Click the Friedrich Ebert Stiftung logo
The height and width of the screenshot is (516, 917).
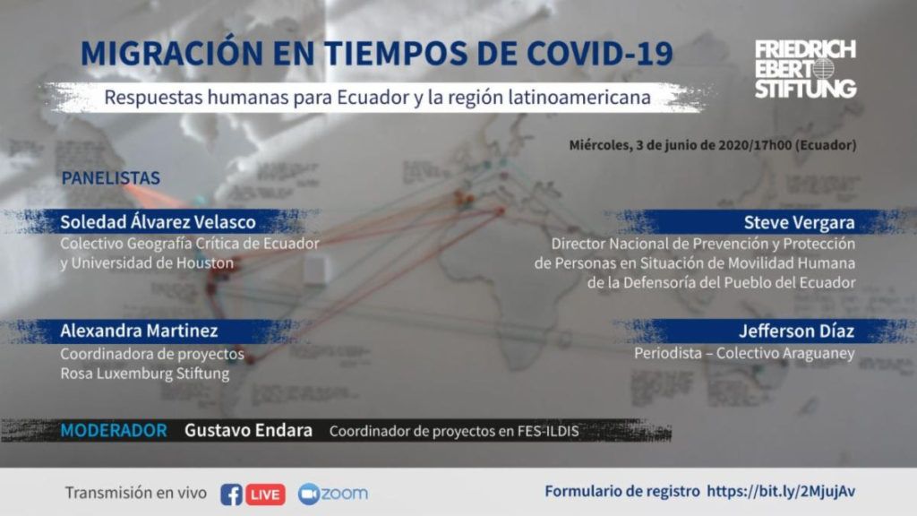805,69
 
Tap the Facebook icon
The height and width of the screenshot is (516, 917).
231,494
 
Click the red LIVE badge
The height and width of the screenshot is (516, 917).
265,494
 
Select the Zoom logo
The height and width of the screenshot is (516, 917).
333,494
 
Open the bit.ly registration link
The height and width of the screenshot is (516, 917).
781,492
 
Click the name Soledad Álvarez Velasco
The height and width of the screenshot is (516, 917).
158,222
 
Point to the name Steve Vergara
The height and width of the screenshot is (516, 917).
799,222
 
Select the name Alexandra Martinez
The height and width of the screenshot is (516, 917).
139,331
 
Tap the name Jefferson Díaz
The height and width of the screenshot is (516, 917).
796,331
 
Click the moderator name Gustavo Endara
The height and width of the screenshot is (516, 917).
248,431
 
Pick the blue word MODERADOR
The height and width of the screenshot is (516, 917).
114,431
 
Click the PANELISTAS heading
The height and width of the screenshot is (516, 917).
110,178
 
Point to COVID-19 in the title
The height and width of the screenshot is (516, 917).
600,53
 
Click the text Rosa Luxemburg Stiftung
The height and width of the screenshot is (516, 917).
144,374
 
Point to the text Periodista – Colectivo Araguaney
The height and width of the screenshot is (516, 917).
744,353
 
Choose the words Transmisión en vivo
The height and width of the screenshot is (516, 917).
136,494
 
